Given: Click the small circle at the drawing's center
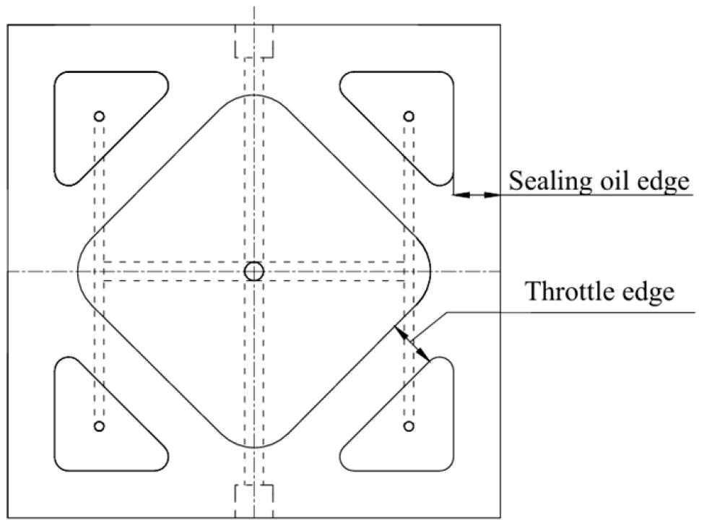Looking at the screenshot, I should pos(253,271).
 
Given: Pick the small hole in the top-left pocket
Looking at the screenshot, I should pos(100,116).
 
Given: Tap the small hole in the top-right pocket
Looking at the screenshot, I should pos(409,116).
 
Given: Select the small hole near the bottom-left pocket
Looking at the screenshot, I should pos(100,426).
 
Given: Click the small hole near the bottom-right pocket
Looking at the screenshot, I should pos(409,426).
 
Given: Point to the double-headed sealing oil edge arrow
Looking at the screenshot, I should pos(476,194).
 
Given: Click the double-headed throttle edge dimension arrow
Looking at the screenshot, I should pos(413,344).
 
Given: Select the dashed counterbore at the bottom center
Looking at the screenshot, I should pos(253,498).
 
